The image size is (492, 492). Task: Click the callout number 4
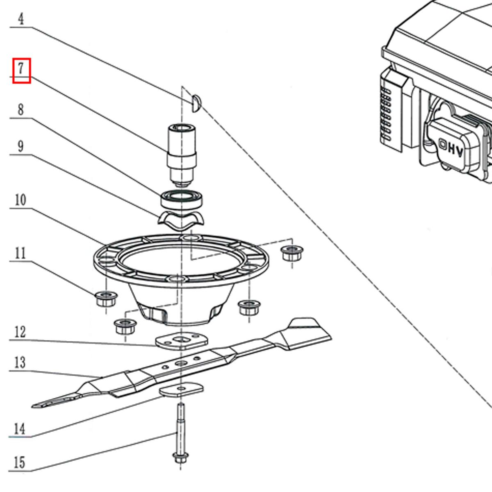click(21, 19)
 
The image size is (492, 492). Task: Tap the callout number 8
click(20, 110)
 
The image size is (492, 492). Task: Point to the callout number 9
click(20, 146)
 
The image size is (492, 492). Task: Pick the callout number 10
click(20, 200)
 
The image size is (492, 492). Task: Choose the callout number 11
click(20, 253)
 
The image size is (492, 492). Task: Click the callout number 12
click(20, 332)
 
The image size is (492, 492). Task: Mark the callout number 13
click(20, 362)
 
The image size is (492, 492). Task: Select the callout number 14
click(20, 429)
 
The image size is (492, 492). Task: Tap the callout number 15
click(20, 462)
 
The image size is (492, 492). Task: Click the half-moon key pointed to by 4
click(196, 103)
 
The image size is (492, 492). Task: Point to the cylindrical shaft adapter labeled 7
click(182, 155)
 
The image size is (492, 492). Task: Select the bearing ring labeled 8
click(182, 199)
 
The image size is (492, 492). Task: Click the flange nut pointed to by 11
click(106, 299)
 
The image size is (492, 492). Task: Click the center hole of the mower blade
click(181, 363)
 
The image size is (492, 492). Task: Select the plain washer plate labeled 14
click(182, 389)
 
